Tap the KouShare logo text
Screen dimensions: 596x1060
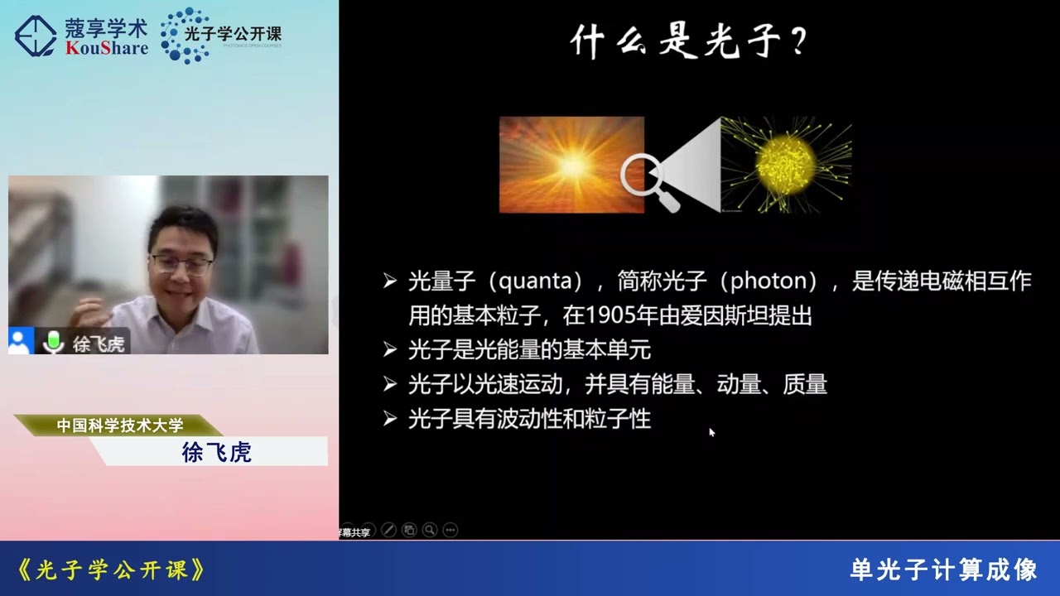pyautogui.click(x=106, y=48)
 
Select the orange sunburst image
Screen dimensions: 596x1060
pyautogui.click(x=571, y=165)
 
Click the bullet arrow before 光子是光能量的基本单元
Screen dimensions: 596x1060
pyautogui.click(x=390, y=350)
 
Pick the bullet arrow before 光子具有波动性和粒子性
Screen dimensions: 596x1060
pyautogui.click(x=390, y=419)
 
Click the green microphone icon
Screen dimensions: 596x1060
pyautogui.click(x=54, y=342)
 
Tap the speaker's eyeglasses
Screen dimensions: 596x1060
pyautogui.click(x=181, y=264)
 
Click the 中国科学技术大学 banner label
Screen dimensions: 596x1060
pyautogui.click(x=120, y=425)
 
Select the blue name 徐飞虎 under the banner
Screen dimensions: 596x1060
pyautogui.click(x=216, y=452)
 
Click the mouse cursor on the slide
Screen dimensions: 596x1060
pyautogui.click(x=711, y=431)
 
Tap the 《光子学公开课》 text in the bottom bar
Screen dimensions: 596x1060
pyautogui.click(x=111, y=570)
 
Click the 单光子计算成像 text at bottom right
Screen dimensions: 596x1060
pyautogui.click(x=943, y=570)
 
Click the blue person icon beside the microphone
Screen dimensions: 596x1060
pyautogui.click(x=21, y=341)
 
